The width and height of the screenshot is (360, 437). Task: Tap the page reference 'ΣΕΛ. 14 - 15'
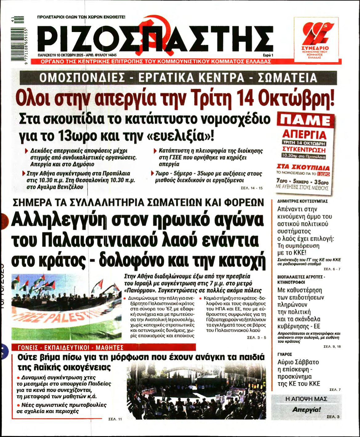252,188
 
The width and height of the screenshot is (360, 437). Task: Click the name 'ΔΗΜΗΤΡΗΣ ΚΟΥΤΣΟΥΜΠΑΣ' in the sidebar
302,201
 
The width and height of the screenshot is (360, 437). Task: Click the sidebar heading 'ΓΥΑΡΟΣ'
285,354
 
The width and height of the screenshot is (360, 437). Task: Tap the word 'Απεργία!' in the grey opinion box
306,410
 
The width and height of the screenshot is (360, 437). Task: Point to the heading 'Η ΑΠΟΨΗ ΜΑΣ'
306,399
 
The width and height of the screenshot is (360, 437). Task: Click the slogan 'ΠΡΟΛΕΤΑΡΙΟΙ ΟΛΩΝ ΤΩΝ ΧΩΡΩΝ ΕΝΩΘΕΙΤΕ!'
81,17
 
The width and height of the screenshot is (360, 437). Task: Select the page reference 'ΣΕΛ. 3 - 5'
257,338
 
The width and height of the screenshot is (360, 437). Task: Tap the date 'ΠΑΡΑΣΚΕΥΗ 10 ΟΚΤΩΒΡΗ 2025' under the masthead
60,55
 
